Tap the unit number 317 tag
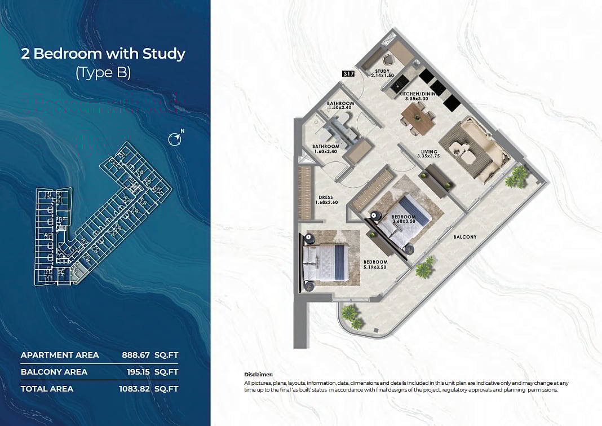(348, 73)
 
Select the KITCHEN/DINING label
(418, 95)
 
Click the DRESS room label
(325, 197)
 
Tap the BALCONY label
(465, 237)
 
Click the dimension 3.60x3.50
(404, 222)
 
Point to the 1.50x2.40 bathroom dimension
(340, 108)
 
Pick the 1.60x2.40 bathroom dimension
(326, 151)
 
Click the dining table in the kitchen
(418, 118)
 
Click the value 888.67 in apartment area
(137, 355)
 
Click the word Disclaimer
(258, 374)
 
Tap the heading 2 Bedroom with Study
(103, 54)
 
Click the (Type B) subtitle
(103, 73)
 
